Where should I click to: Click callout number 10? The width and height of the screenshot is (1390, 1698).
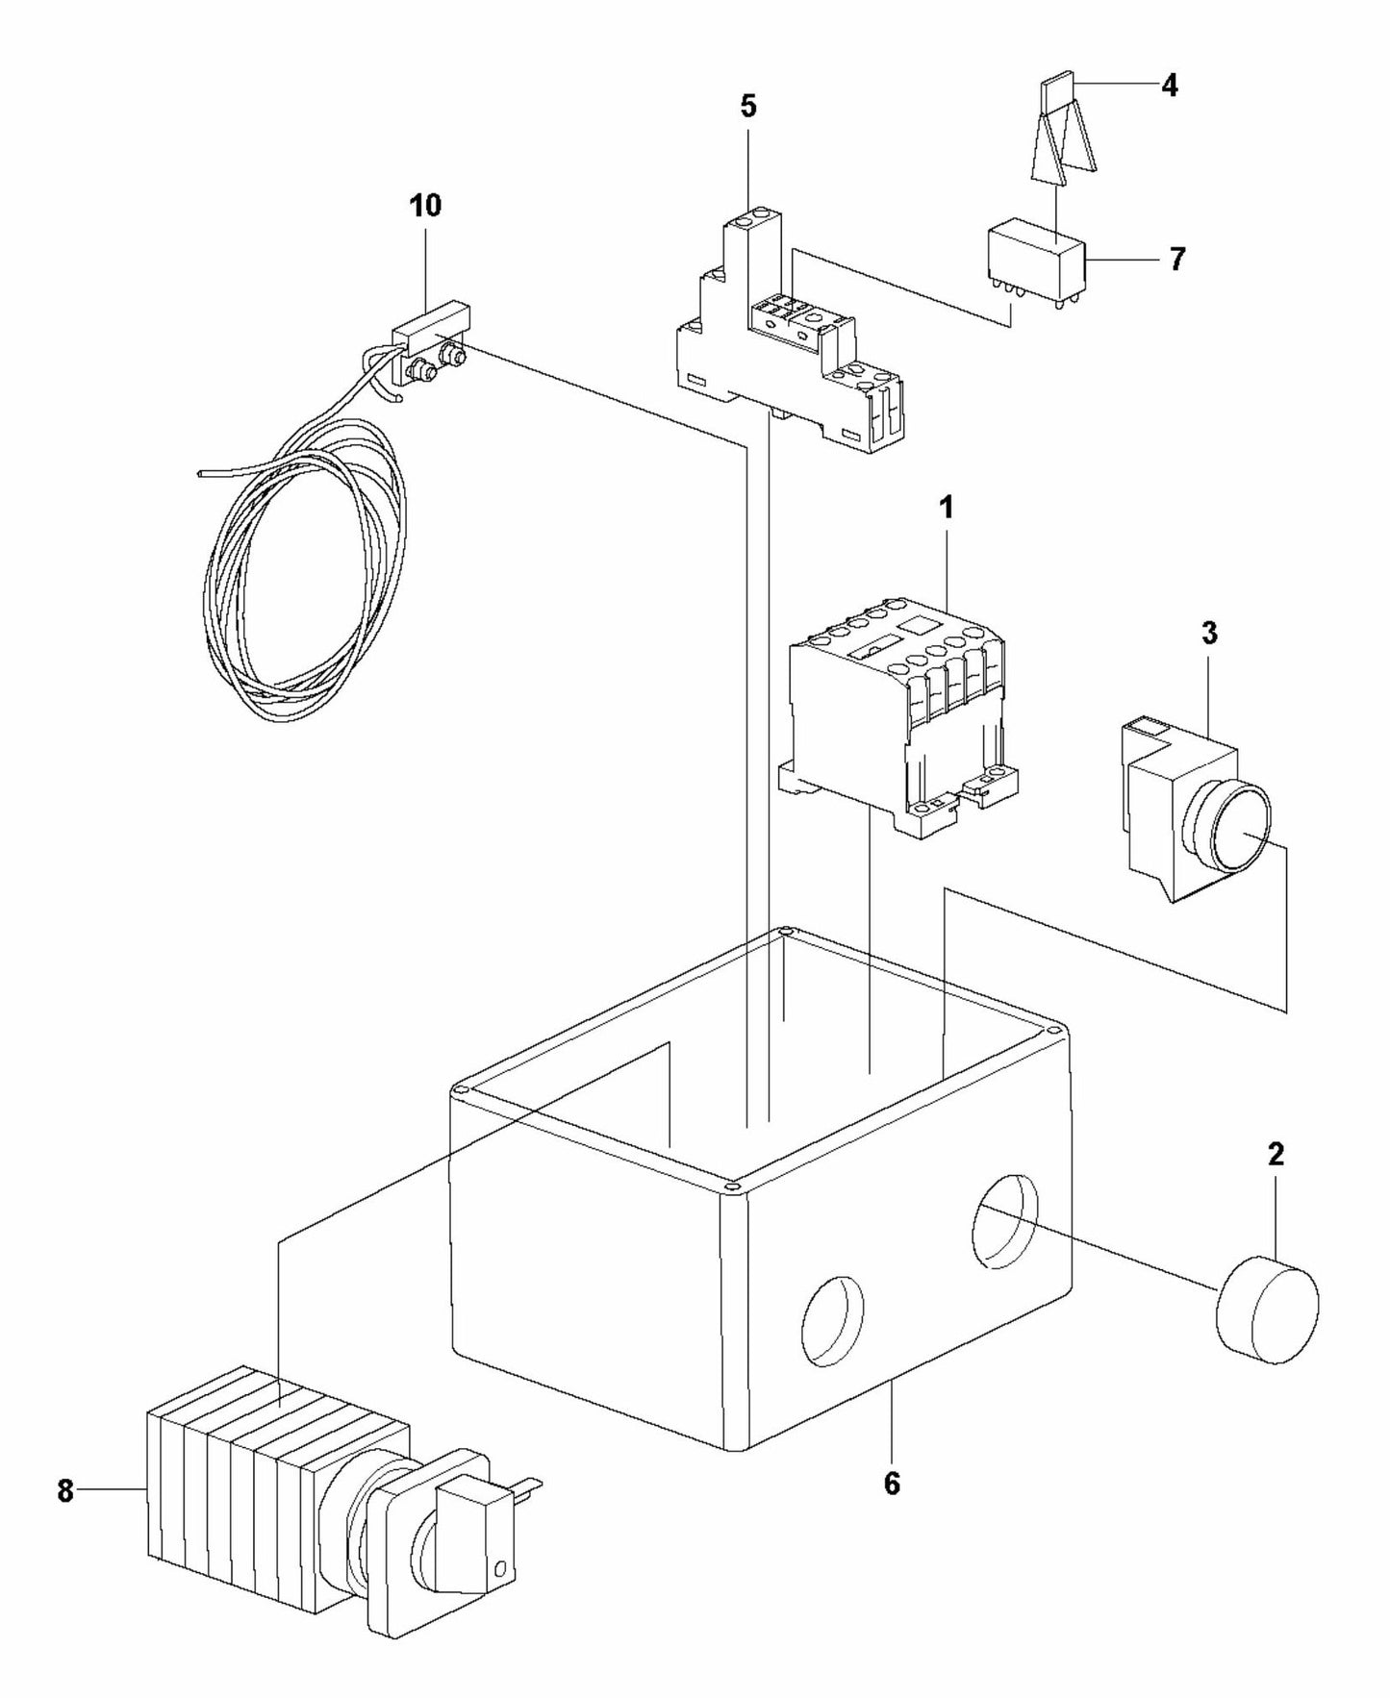(425, 205)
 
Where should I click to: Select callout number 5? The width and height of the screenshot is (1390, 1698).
(747, 106)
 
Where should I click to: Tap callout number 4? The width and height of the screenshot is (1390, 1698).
(1169, 86)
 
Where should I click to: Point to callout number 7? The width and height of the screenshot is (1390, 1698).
(1177, 259)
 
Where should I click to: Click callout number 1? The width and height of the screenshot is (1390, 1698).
(947, 508)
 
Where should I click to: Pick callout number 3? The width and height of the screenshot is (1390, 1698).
(1209, 633)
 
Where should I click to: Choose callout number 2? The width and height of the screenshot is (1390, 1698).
(1276, 1155)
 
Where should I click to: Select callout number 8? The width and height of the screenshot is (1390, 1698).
(64, 1491)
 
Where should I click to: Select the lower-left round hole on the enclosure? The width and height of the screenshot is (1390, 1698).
(832, 1321)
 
